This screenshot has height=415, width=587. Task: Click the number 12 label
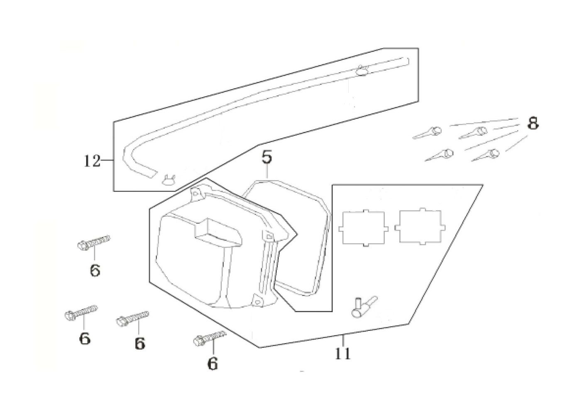92,161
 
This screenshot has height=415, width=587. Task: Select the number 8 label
533,123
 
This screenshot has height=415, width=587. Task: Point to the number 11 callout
343,354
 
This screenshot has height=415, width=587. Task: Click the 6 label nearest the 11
213,364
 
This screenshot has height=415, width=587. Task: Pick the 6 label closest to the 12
95,271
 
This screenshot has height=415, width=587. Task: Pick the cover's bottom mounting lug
258,298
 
